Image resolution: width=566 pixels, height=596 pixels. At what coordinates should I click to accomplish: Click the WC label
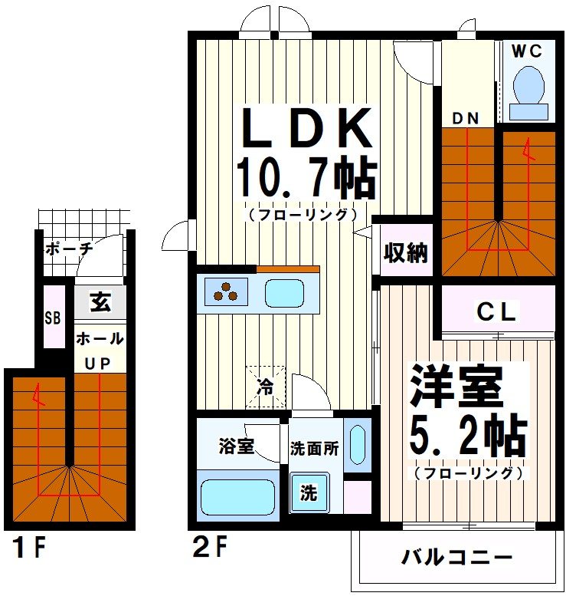(x=527, y=51)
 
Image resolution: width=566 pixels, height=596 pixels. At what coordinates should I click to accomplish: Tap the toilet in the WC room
(x=528, y=88)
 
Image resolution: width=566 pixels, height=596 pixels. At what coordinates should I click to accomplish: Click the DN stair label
(x=466, y=117)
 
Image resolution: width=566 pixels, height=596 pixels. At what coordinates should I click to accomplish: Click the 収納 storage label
(x=406, y=252)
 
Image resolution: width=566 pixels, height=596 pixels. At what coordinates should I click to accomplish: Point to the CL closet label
(x=497, y=312)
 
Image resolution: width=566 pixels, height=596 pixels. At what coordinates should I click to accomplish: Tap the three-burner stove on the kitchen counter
(x=227, y=292)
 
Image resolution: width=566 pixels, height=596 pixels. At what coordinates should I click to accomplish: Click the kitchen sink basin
(x=284, y=292)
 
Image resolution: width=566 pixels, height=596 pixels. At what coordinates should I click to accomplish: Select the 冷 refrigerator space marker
(x=266, y=387)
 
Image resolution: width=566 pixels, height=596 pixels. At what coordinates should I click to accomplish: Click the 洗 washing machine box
(x=308, y=493)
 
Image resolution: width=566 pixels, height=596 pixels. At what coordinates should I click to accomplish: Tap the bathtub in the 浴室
(x=237, y=497)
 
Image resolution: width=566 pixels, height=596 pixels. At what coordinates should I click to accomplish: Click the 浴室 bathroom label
(x=236, y=446)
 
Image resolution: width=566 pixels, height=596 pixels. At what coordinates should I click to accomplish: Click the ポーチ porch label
(x=69, y=249)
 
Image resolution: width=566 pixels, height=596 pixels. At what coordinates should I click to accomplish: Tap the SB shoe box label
(x=53, y=316)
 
